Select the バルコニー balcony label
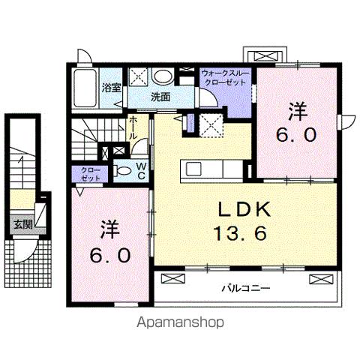tap(245, 287)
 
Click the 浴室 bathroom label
tap(112, 87)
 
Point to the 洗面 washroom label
tap(159, 97)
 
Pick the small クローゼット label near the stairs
tap(90, 175)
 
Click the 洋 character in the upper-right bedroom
tap(298, 112)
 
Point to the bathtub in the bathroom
tap(85, 90)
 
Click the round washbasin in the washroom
tap(162, 76)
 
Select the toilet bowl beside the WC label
tap(124, 170)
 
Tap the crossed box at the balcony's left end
tap(171, 279)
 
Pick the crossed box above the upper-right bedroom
tap(266, 55)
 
